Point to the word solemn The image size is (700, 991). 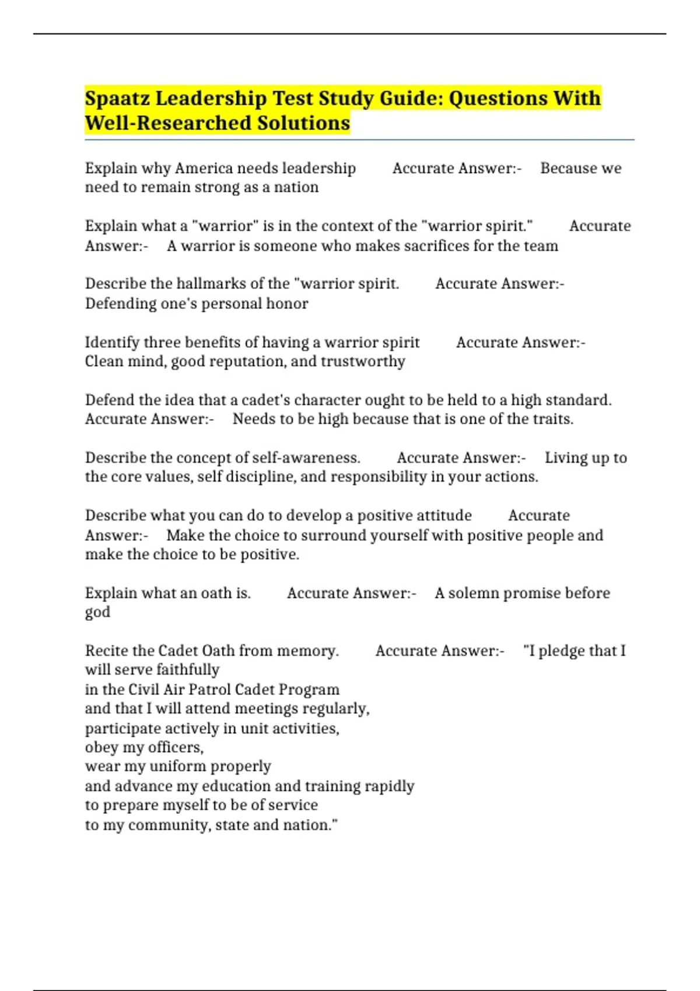[x=473, y=593]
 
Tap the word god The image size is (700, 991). [x=97, y=613]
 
